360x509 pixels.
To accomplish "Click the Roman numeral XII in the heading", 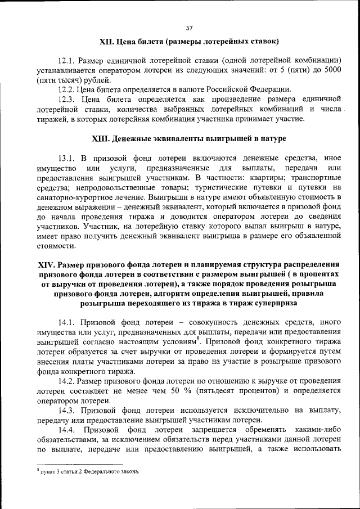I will (106, 42).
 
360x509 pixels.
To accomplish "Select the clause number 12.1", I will (67, 60).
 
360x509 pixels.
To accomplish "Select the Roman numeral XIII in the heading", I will (100, 138).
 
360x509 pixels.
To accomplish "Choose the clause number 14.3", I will (67, 411).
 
